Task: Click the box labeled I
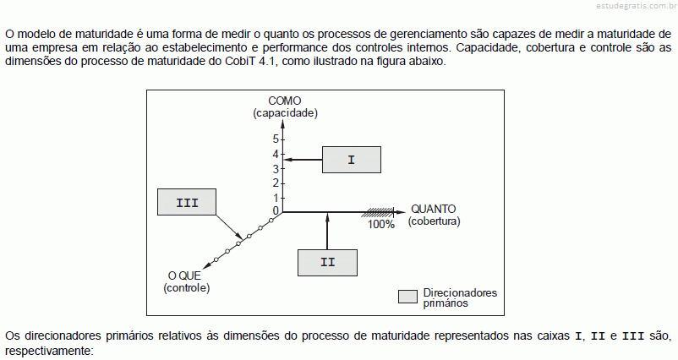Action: click(352, 160)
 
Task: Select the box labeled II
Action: click(327, 263)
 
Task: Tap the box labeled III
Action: click(187, 202)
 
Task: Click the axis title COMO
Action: click(285, 101)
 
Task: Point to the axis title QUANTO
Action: click(434, 210)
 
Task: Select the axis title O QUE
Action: click(184, 275)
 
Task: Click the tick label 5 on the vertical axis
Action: click(276, 139)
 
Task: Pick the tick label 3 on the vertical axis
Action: click(276, 169)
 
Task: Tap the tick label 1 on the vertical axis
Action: click(276, 198)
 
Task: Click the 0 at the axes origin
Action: click(276, 211)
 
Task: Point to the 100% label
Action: click(381, 224)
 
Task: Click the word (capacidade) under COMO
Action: click(286, 113)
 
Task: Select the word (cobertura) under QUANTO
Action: click(435, 221)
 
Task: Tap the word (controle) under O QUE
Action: click(186, 288)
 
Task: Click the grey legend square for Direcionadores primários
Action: click(407, 297)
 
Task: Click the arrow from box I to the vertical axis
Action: click(303, 160)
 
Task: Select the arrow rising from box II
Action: click(327, 232)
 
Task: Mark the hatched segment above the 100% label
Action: click(378, 212)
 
